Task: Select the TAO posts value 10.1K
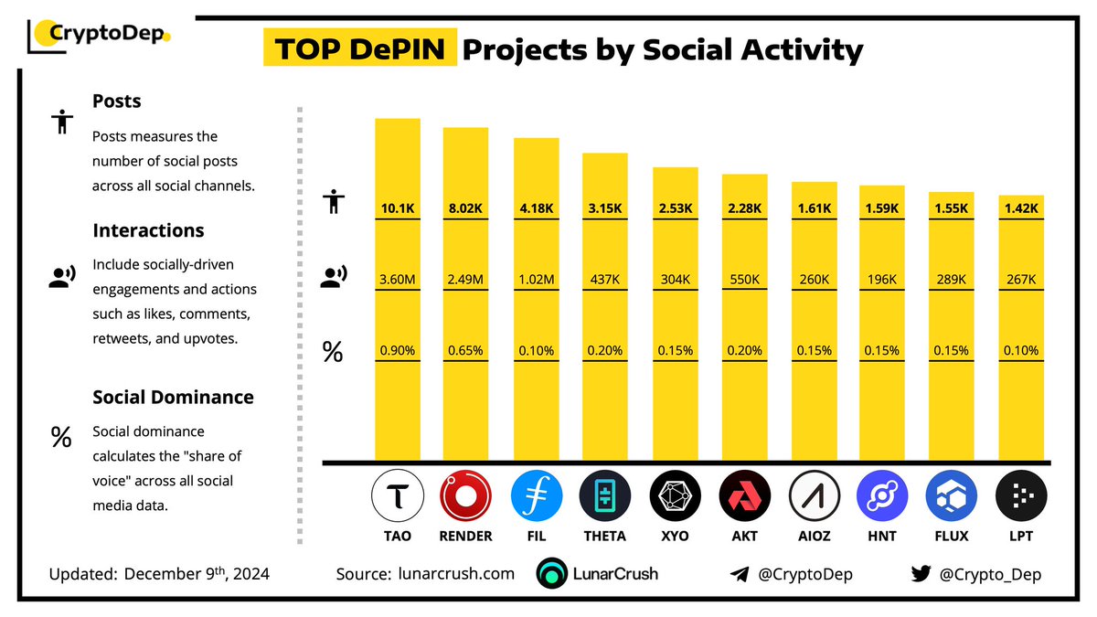tap(398, 208)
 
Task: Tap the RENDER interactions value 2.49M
tap(466, 279)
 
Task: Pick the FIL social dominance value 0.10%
tap(536, 350)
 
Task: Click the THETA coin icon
tap(604, 498)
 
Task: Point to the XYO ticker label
tap(675, 537)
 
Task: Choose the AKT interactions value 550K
tap(744, 279)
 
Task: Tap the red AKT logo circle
tap(744, 498)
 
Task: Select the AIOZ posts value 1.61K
tap(814, 208)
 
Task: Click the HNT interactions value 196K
tap(882, 279)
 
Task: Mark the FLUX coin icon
tap(952, 498)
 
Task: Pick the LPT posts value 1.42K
tap(1021, 208)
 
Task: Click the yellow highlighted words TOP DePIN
tap(360, 49)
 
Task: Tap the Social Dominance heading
tap(173, 398)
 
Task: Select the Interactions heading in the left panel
tap(148, 230)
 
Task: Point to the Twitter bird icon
tap(921, 574)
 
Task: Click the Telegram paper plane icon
tap(740, 575)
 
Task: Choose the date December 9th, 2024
tap(197, 574)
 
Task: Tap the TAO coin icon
tap(398, 498)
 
